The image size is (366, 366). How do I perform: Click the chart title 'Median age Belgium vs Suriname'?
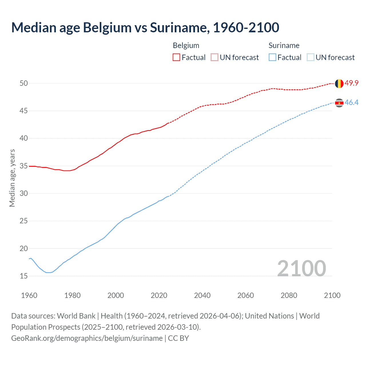coord(145,28)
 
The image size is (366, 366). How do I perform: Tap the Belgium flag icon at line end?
coord(339,83)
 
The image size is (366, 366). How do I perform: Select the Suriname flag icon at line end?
coord(339,103)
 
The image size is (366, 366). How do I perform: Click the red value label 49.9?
coord(351,83)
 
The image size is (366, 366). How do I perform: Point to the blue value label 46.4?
coord(351,103)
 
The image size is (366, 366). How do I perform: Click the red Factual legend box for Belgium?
coord(176,57)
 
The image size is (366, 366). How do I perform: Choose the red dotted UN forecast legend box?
coord(214,57)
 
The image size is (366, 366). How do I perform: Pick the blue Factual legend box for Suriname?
coord(272,57)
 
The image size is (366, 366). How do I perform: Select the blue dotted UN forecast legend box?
coord(310,57)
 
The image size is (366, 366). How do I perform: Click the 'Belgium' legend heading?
coord(186,46)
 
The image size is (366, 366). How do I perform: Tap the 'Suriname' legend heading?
coord(284,46)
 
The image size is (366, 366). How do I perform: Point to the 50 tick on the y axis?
coord(24,83)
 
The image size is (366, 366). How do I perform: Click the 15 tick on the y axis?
coord(24,276)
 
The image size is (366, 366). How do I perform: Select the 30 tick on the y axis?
coord(24,194)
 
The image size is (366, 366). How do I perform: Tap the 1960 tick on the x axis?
coord(29,295)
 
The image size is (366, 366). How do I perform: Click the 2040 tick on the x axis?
coord(202,295)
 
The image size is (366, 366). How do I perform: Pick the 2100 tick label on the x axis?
coord(332,295)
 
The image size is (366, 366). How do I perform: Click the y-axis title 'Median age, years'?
coord(12,178)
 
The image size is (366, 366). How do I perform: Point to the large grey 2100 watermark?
coord(301,268)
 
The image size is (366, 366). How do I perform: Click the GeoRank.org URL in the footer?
coord(87,338)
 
